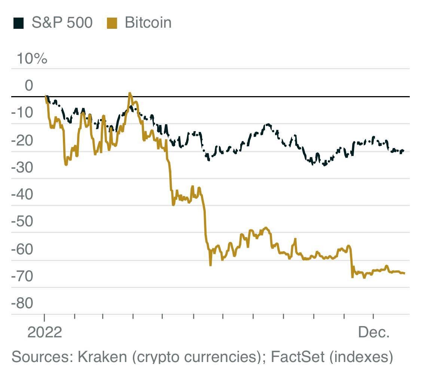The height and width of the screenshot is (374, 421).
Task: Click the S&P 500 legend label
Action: [62, 23]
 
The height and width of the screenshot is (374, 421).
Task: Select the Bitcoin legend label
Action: [148, 23]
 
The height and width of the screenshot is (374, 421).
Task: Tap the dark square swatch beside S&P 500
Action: [18, 24]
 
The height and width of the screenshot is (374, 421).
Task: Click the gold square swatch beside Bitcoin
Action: [112, 24]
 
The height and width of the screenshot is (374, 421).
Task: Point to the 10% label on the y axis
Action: [31, 59]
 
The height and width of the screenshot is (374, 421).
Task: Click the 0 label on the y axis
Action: [28, 86]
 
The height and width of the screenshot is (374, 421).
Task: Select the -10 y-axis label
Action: [22, 113]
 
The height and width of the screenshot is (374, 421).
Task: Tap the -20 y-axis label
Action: [22, 141]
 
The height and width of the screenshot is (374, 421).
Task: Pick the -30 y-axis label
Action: [22, 168]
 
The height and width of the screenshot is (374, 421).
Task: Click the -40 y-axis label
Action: [22, 195]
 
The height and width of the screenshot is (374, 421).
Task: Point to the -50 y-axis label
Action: [22, 222]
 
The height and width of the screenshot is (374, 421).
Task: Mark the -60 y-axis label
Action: [22, 249]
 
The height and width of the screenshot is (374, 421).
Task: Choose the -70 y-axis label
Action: [22, 276]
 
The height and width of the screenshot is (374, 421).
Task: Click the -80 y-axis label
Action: [22, 303]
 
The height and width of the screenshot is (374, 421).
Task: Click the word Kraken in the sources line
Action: [102, 357]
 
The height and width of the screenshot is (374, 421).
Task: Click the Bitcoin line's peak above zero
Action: [130, 93]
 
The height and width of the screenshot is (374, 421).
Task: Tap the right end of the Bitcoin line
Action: [404, 273]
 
